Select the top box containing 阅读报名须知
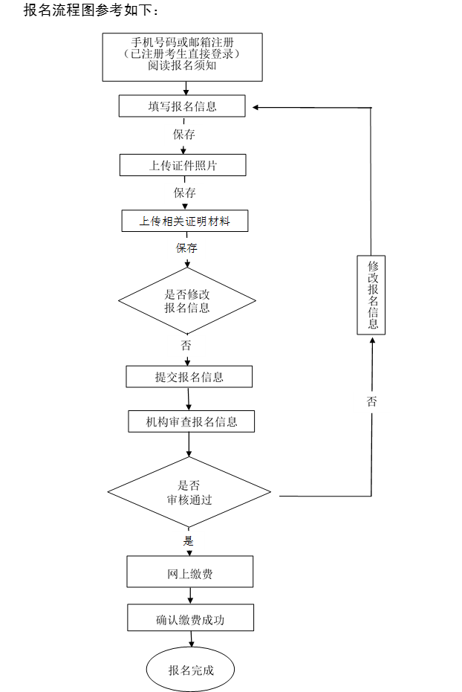(182, 56)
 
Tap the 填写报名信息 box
(182, 106)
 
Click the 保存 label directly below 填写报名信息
(184, 135)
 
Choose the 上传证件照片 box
(183, 165)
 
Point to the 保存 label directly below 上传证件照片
(184, 193)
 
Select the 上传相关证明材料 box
(185, 221)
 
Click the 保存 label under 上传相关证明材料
(186, 248)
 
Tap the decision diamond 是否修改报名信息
(187, 301)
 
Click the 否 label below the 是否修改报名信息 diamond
(186, 346)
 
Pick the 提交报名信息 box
(189, 377)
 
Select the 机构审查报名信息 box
(192, 421)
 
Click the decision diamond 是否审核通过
(189, 493)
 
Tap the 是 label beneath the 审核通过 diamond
(189, 540)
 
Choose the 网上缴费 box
(190, 574)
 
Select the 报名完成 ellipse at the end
(191, 670)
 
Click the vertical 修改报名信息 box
(371, 294)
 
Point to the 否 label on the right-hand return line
(371, 401)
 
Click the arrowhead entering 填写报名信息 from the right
(256, 108)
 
